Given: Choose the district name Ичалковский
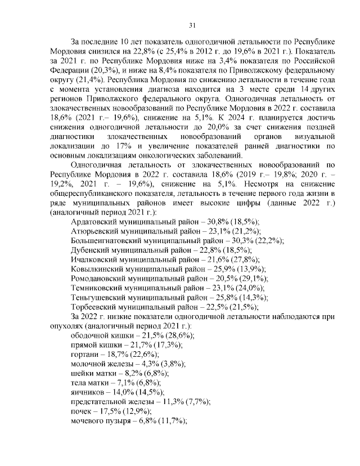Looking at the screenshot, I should pos(94,260).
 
